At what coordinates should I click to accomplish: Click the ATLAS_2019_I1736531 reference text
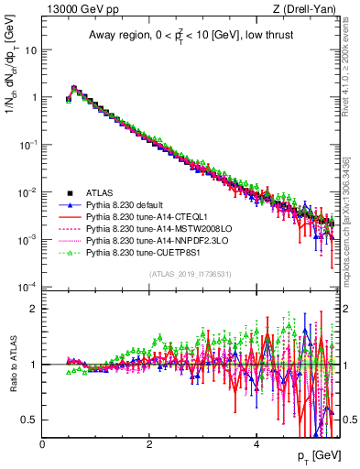click(188, 274)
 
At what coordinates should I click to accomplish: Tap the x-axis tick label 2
click(148, 443)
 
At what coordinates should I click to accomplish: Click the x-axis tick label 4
click(256, 443)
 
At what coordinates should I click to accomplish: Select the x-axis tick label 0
click(42, 443)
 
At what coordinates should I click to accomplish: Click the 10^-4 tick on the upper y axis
click(27, 287)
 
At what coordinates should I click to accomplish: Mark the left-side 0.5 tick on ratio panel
click(31, 420)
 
